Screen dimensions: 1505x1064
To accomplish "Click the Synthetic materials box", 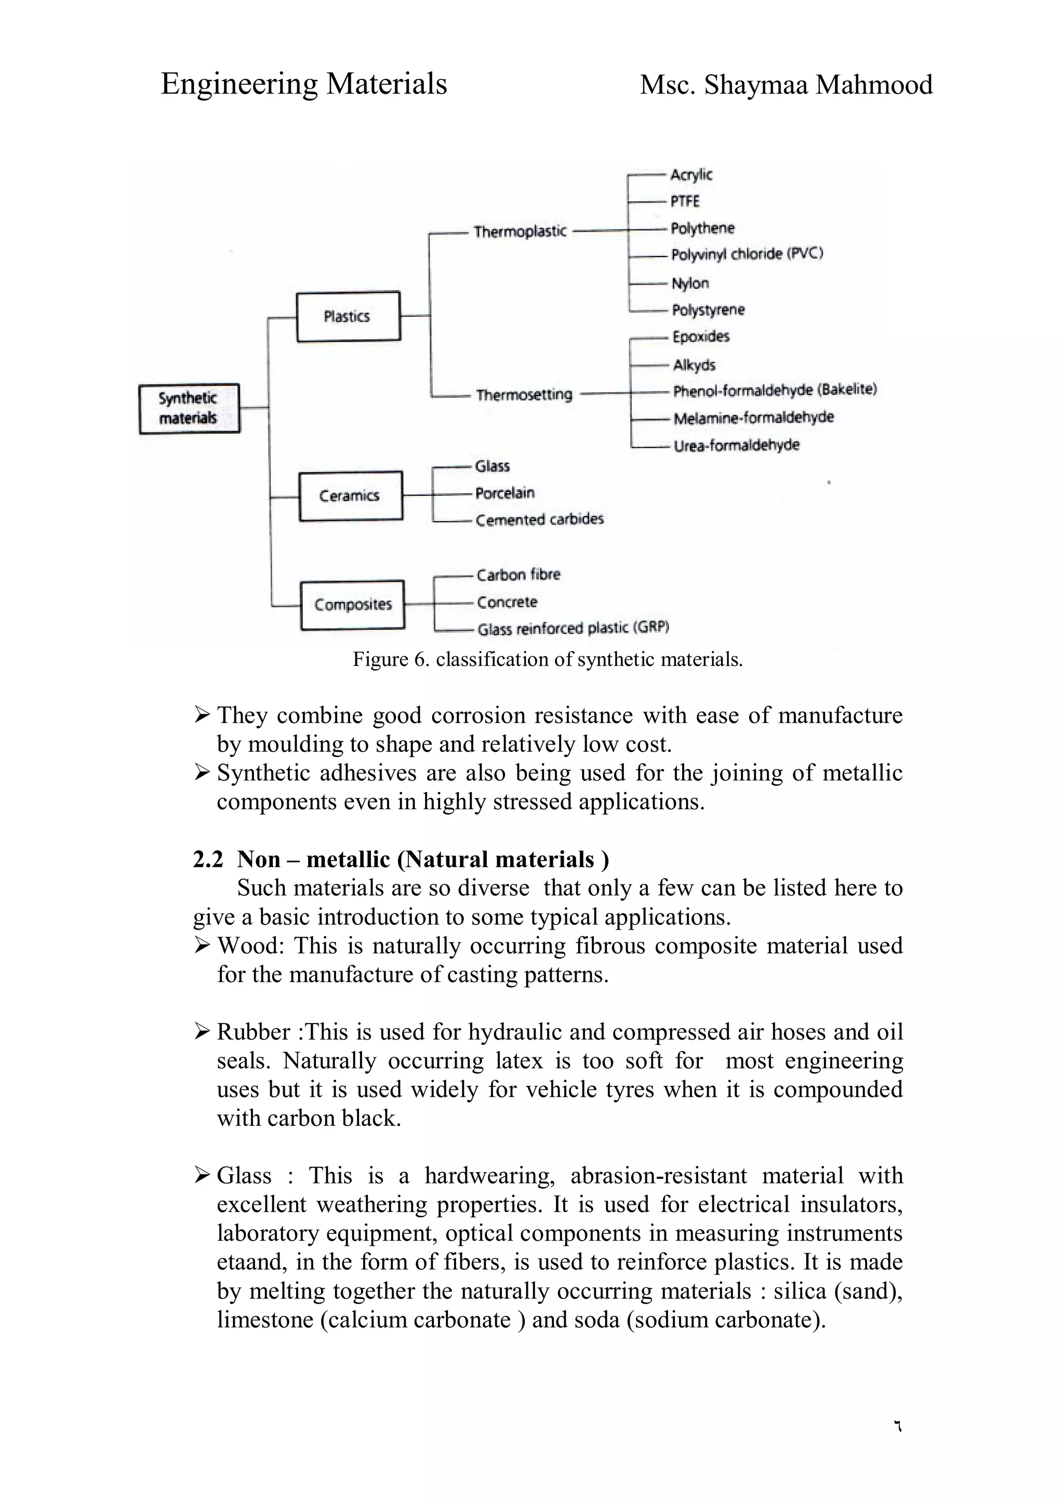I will click(189, 408).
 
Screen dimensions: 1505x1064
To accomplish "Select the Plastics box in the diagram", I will click(348, 317).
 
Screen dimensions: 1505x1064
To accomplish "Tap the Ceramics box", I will click(350, 495).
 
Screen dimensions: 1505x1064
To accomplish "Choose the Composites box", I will click(352, 604).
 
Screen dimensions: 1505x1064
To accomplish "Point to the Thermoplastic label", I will click(520, 232).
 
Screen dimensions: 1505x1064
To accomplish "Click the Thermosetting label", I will click(524, 395).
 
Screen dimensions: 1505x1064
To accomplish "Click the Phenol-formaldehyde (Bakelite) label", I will click(774, 390).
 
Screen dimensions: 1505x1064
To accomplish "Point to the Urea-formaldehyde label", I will click(736, 445).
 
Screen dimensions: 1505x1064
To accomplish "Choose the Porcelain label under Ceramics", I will click(505, 493).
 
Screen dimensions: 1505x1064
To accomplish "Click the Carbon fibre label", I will click(518, 575).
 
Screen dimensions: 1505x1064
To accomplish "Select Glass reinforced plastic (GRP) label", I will click(573, 628).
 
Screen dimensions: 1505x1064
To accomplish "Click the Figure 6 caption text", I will click(548, 659).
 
